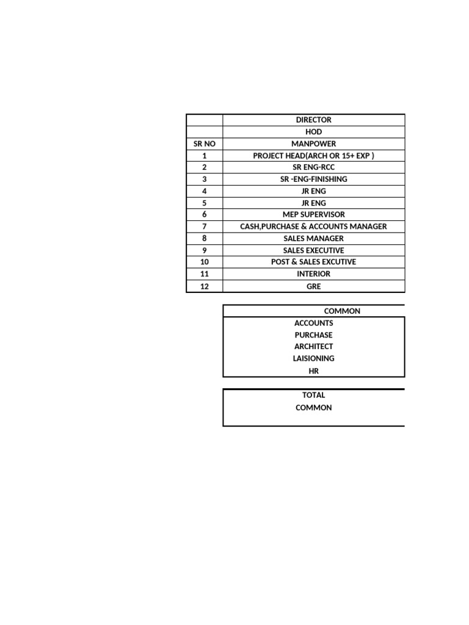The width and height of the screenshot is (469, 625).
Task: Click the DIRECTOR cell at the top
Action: [313, 120]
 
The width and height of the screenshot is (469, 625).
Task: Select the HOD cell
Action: [313, 132]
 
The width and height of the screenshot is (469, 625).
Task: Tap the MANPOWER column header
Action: [313, 144]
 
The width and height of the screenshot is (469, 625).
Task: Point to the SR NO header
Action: [204, 144]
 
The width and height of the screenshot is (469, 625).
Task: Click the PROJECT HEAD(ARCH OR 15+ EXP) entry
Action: [313, 156]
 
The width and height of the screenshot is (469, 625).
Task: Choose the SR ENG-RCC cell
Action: [313, 167]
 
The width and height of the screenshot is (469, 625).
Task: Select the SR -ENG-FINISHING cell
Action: [313, 179]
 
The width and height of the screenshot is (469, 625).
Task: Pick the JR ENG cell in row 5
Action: [313, 203]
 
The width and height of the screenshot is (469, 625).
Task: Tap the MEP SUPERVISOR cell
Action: [313, 215]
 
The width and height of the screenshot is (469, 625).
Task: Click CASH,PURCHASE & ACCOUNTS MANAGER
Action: [313, 226]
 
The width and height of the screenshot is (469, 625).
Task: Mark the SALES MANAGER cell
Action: [313, 239]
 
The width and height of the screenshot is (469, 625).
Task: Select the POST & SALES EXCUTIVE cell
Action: [313, 262]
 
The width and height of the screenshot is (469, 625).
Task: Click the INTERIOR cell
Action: [313, 274]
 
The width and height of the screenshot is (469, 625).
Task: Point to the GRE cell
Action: [313, 286]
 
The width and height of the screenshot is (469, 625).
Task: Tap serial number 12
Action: [204, 286]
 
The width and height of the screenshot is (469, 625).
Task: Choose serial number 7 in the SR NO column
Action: [204, 226]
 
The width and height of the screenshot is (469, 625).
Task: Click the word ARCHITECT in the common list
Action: [313, 347]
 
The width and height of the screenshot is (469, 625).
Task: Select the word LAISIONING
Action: [313, 358]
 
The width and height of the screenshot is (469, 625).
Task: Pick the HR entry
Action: [313, 370]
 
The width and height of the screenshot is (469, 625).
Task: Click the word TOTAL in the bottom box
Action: [313, 395]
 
